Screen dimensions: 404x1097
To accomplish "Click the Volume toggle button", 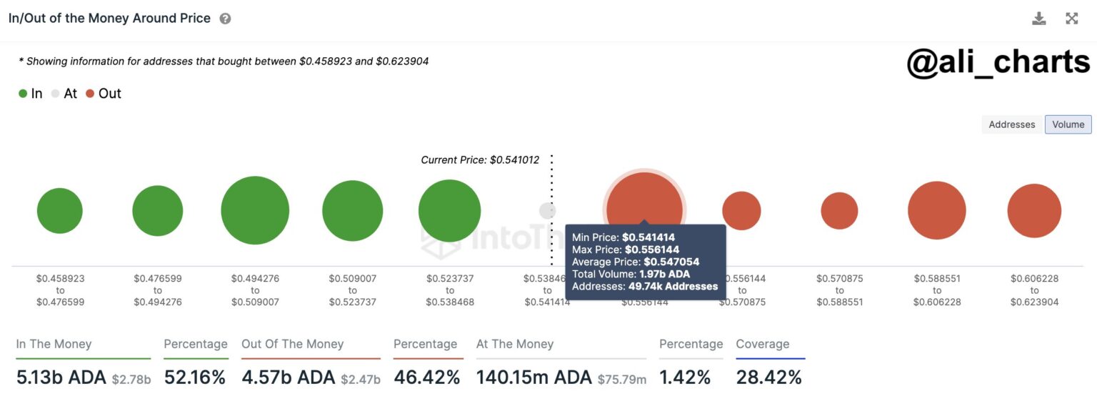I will (x=1068, y=124).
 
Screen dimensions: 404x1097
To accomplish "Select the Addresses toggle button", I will (x=1011, y=124).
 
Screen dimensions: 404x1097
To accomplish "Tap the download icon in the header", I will (x=1038, y=19).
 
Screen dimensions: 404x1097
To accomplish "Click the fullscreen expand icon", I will (x=1071, y=19).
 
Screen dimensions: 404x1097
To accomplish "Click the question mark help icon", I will (x=225, y=19).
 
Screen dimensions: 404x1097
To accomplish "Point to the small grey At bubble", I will (x=547, y=211).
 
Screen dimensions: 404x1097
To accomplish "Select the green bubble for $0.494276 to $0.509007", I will (x=255, y=210).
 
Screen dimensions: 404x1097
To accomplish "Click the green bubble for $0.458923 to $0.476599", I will (x=60, y=211).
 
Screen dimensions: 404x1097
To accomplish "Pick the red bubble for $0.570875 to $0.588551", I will (x=839, y=211).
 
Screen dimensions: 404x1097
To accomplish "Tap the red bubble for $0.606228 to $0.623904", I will (x=1034, y=211).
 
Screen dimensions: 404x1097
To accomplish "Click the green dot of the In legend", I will (x=23, y=94).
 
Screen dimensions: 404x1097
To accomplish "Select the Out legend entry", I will (x=104, y=94).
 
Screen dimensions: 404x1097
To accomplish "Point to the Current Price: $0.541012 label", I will (x=480, y=160).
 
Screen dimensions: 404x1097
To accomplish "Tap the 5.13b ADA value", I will (x=61, y=377).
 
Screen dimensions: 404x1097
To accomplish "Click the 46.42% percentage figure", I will (x=426, y=377).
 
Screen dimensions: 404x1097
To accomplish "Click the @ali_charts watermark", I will (x=998, y=62).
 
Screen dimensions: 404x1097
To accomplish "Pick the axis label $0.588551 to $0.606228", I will (x=937, y=290).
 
